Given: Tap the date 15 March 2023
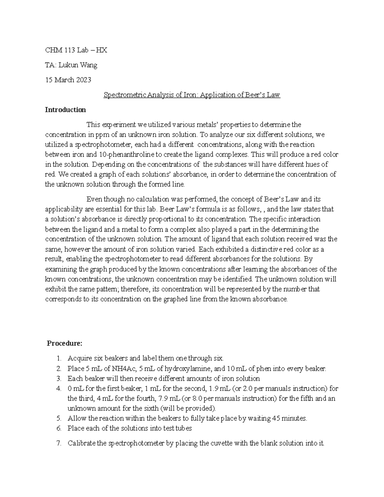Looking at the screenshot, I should (68, 80).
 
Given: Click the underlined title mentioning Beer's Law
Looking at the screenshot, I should (192, 95).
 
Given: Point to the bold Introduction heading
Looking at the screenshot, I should (65, 110).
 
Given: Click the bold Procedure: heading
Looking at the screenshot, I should (65, 343).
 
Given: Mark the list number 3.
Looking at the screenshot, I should (59, 379).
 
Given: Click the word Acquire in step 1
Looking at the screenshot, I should (80, 359).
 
